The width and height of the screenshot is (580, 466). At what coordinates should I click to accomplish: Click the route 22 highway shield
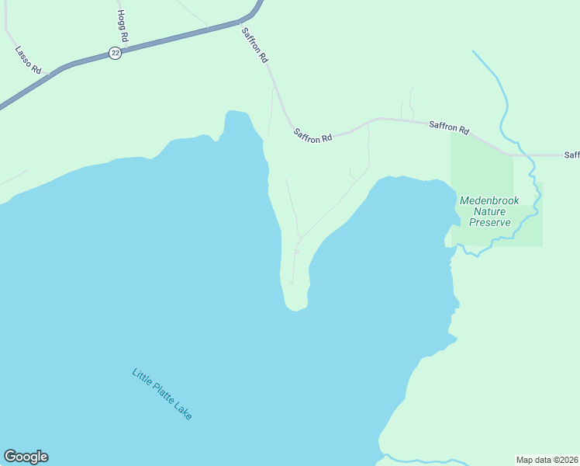pos(115,53)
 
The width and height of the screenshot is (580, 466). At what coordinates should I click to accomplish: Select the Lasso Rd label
pos(28,60)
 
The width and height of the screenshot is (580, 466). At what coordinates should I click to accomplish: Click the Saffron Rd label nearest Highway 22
pos(255,46)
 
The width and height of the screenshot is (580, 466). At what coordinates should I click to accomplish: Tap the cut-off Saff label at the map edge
pos(571,155)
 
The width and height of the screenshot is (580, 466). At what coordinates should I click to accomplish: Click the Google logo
pos(26,457)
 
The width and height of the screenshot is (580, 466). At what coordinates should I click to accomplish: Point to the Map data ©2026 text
pos(547,459)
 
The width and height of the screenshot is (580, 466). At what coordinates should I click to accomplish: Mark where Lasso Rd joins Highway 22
pos(48,75)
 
